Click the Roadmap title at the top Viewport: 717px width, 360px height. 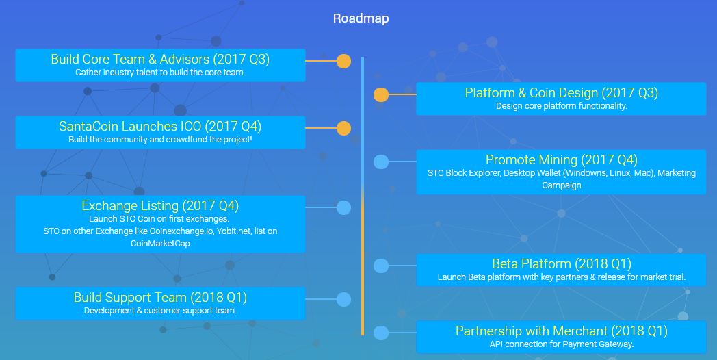pyautogui.click(x=361, y=18)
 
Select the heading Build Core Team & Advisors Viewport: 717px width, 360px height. pyautogui.click(x=160, y=60)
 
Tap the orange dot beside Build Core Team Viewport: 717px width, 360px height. pyautogui.click(x=343, y=62)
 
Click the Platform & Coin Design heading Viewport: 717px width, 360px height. pyautogui.click(x=561, y=93)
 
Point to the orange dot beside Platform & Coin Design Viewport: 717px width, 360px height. pyautogui.click(x=381, y=95)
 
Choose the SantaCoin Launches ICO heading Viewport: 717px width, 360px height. pyautogui.click(x=160, y=127)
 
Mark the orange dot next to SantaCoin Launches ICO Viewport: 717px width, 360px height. pyautogui.click(x=343, y=129)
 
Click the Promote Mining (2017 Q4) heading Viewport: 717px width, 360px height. pyautogui.click(x=561, y=160)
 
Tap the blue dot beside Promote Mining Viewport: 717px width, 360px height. pyautogui.click(x=381, y=162)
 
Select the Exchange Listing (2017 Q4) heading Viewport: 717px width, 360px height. pyautogui.click(x=160, y=206)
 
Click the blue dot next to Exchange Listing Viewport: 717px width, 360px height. pyautogui.click(x=343, y=207)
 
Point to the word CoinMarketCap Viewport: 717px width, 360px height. pyautogui.click(x=160, y=243)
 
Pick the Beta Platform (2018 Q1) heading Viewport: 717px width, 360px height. pyautogui.click(x=561, y=264)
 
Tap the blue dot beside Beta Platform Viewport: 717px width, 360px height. pyautogui.click(x=381, y=266)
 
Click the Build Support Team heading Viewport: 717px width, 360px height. pyautogui.click(x=160, y=298)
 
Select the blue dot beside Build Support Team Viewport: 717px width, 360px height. pyautogui.click(x=343, y=299)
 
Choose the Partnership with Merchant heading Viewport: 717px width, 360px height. pyautogui.click(x=561, y=331)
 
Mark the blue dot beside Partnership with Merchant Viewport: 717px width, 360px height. pyautogui.click(x=381, y=333)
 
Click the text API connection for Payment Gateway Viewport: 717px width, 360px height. pyautogui.click(x=561, y=344)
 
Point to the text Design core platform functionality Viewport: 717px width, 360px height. pyautogui.click(x=561, y=106)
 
